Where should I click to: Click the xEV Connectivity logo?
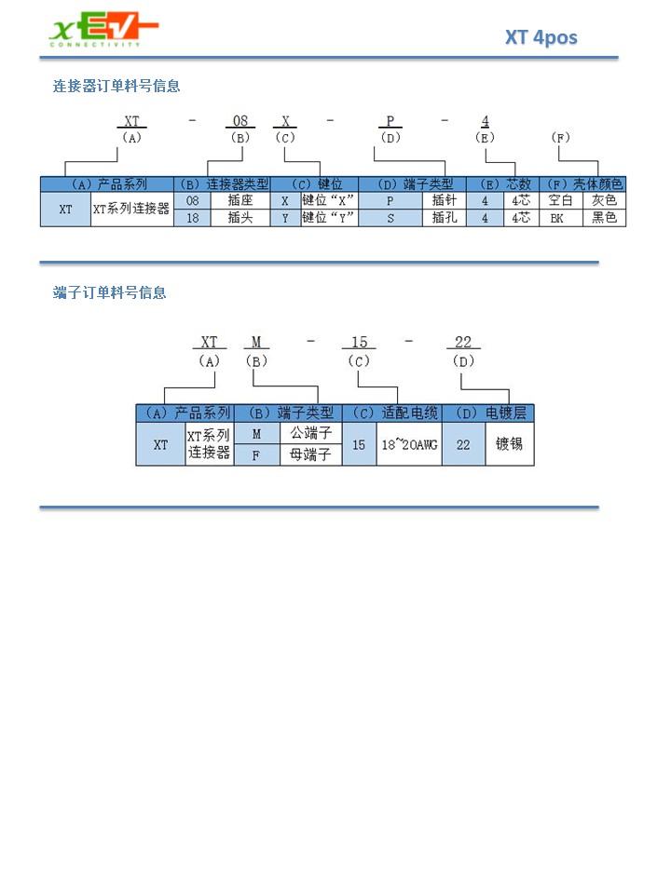pyautogui.click(x=103, y=29)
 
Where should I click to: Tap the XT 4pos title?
pyautogui.click(x=541, y=37)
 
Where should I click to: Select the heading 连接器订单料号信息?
pyautogui.click(x=116, y=86)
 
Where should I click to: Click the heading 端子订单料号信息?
pyautogui.click(x=110, y=293)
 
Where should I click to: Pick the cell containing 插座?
pyautogui.click(x=240, y=201)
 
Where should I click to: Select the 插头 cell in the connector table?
pyautogui.click(x=240, y=218)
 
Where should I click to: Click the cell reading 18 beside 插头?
pyautogui.click(x=192, y=218)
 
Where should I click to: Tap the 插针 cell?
pyautogui.click(x=445, y=201)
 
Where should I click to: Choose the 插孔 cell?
pyautogui.click(x=445, y=218)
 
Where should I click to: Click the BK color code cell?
pyautogui.click(x=557, y=218)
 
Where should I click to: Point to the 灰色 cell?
pyautogui.click(x=604, y=201)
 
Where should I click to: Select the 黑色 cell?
pyautogui.click(x=604, y=218)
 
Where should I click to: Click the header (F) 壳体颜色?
pyautogui.click(x=582, y=184)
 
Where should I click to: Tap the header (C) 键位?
pyautogui.click(x=314, y=184)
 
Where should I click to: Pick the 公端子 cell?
pyautogui.click(x=311, y=433)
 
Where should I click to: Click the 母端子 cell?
pyautogui.click(x=311, y=455)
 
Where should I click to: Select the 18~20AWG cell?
pyautogui.click(x=409, y=445)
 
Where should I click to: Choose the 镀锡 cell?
pyautogui.click(x=510, y=445)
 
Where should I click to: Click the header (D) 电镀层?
pyautogui.click(x=488, y=413)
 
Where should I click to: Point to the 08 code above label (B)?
pyautogui.click(x=240, y=121)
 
